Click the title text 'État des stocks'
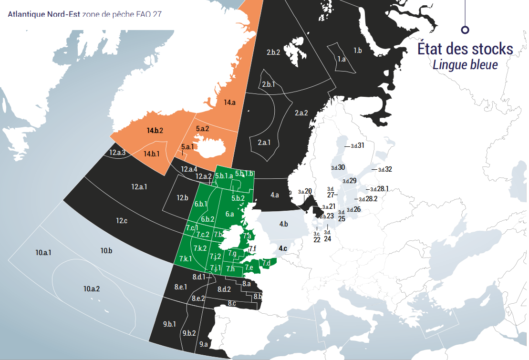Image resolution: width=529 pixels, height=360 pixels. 465,49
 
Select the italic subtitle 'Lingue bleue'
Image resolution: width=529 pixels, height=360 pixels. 465,64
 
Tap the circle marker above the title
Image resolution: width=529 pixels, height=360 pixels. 465,30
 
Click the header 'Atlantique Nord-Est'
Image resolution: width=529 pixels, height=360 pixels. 44,14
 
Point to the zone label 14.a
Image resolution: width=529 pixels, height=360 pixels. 229,102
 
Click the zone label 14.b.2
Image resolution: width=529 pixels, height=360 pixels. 155,130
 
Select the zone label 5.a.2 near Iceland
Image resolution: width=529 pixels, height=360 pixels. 202,129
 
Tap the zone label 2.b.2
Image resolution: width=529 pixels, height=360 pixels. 273,52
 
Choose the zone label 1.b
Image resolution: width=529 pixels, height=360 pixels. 358,50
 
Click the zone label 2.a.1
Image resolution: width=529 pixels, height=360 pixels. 264,142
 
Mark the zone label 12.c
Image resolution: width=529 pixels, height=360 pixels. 122,220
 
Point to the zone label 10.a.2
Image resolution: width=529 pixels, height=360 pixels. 92,288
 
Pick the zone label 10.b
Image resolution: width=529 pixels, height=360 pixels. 106,250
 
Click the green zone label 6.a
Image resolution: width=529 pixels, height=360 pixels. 229,214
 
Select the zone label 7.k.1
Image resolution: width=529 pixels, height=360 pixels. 186,258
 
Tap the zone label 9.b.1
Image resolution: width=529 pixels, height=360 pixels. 169,324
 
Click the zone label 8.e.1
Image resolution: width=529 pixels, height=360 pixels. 180,287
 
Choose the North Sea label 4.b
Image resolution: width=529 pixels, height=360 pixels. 283,224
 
